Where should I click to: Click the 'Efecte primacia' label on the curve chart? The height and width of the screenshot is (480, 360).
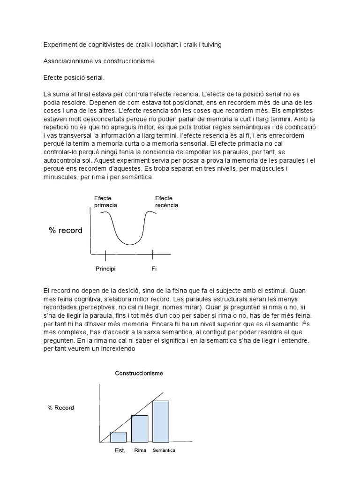pyautogui.click(x=105, y=202)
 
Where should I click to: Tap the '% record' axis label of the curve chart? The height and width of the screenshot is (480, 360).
pyautogui.click(x=65, y=230)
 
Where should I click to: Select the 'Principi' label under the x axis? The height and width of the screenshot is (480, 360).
pyautogui.click(x=105, y=270)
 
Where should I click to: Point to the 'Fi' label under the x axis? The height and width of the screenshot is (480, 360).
pyautogui.click(x=153, y=270)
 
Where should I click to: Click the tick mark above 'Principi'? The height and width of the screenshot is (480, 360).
pyautogui.click(x=105, y=255)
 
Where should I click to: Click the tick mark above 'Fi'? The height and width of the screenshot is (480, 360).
pyautogui.click(x=153, y=255)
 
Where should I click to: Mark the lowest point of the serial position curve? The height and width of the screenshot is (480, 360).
pyautogui.click(x=129, y=244)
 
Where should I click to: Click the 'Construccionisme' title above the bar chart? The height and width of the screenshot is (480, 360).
pyautogui.click(x=139, y=373)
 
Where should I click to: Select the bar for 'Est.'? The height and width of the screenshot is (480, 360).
pyautogui.click(x=118, y=437)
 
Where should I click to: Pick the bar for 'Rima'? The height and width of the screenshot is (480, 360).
pyautogui.click(x=140, y=428)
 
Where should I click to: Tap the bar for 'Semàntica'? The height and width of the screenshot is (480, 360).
pyautogui.click(x=161, y=421)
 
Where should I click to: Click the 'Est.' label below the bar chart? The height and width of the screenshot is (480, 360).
pyautogui.click(x=120, y=451)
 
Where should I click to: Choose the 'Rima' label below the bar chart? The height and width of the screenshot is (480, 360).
pyautogui.click(x=140, y=451)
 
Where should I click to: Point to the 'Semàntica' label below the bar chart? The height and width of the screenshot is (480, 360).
pyautogui.click(x=164, y=451)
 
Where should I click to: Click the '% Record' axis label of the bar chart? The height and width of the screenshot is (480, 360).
pyautogui.click(x=60, y=407)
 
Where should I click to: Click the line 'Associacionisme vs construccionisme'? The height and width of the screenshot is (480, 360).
pyautogui.click(x=99, y=61)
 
